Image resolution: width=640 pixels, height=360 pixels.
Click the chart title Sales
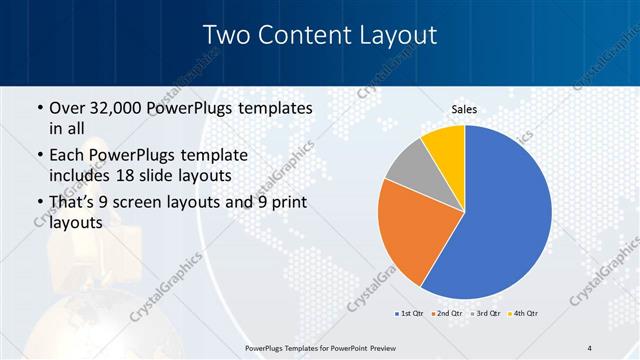pos(465,109)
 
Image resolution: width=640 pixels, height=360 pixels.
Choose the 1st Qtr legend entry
pos(409,313)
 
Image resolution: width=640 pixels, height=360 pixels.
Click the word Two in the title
pos(225,35)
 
